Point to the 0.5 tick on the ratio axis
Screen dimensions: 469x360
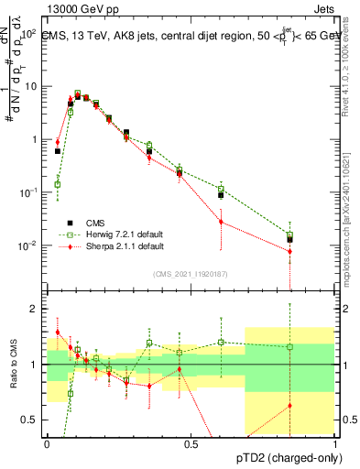click(31, 420)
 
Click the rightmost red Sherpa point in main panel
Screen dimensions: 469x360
click(289, 251)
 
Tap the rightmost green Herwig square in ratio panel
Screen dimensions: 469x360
click(289, 347)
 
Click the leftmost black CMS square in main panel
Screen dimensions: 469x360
click(58, 151)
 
